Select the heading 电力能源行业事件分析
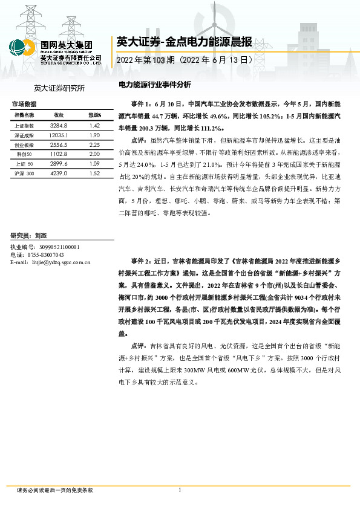pos(154,84)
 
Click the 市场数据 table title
pos(24,104)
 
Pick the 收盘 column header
pos(59,115)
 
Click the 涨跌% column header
pos(94,115)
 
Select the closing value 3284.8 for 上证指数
pos(59,125)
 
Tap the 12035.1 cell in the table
pos(59,135)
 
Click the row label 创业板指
pos(24,145)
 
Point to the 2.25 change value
pos(94,145)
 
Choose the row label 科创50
pos(25,154)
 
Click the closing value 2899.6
pos(59,164)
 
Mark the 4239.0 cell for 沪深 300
pos(59,173)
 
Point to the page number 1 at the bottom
pos(180,490)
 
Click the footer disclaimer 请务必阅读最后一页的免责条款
pos(55,490)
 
